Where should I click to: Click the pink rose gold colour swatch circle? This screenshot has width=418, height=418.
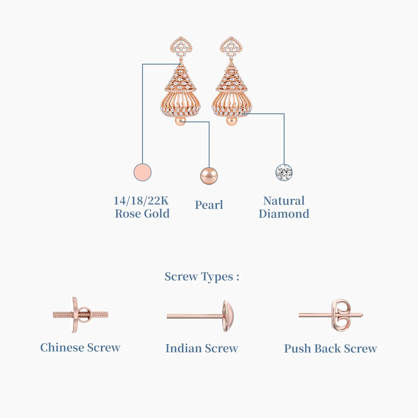click(x=142, y=172)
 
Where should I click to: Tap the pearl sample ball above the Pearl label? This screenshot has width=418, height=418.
click(x=209, y=176)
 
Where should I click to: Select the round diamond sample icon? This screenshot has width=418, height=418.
click(x=284, y=172)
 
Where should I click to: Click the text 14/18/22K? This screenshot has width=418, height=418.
click(x=141, y=201)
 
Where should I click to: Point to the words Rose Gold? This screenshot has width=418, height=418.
click(x=142, y=214)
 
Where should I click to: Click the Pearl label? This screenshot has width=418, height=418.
click(x=209, y=205)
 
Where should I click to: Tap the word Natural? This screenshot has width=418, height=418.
click(x=284, y=201)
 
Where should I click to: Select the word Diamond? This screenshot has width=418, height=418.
click(x=284, y=214)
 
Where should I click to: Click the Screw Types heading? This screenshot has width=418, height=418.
click(x=202, y=277)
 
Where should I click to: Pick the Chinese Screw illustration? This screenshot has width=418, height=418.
click(x=80, y=315)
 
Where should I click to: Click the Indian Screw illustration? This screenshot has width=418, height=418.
click(x=200, y=316)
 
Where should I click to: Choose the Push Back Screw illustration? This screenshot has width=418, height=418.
click(x=331, y=315)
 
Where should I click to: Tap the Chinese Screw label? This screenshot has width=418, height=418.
click(x=80, y=348)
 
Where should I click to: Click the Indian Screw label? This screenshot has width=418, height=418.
click(x=202, y=349)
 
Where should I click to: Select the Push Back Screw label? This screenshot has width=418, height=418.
click(x=330, y=349)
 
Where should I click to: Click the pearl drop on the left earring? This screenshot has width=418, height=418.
click(x=180, y=121)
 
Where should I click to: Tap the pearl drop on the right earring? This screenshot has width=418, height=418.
click(x=231, y=121)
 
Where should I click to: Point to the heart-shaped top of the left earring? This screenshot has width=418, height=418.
click(x=181, y=48)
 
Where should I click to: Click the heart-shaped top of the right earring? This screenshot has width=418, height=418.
click(x=231, y=48)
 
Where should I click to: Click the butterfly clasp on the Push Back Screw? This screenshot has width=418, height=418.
click(x=341, y=315)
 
